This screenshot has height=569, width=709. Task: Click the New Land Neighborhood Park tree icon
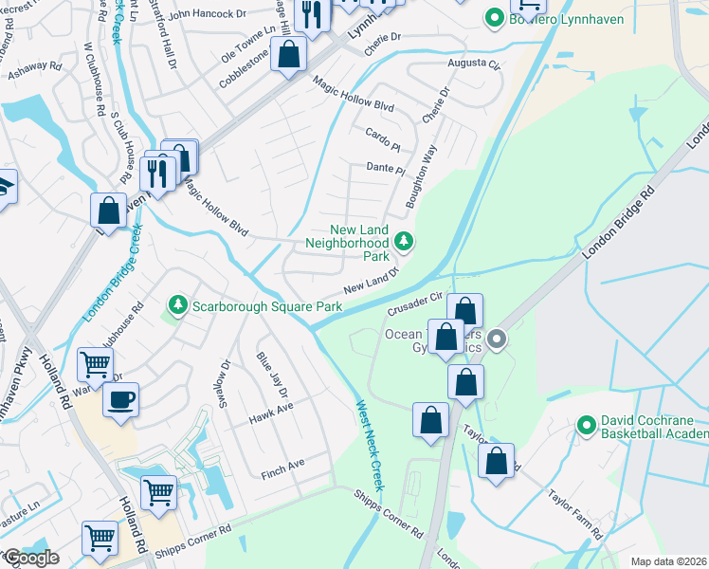[x=405, y=242]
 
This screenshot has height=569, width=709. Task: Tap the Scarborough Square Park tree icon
[x=177, y=305]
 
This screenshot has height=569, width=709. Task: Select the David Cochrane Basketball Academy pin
[x=587, y=421]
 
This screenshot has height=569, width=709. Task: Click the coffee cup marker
[x=120, y=399]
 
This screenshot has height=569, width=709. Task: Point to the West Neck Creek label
[x=370, y=444]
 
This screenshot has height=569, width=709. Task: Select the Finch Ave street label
[x=282, y=464]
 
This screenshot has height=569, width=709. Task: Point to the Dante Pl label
[x=386, y=168]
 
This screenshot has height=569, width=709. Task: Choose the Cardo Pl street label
[x=383, y=133]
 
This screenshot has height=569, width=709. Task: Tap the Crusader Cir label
[x=416, y=305]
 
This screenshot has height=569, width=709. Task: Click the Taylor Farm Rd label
[x=575, y=513]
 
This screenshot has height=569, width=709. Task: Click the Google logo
[x=31, y=558]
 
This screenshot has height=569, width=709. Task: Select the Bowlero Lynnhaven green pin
[x=493, y=17]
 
